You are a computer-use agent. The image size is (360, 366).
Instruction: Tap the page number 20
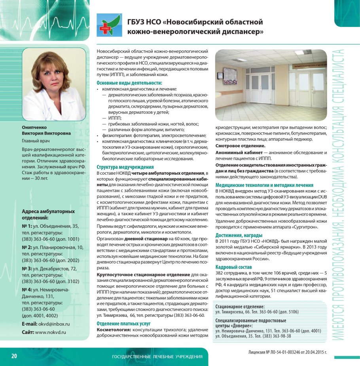click(x=14, y=356)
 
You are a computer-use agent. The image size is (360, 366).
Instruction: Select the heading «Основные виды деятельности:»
click(x=129, y=83)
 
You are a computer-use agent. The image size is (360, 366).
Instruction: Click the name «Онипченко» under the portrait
click(x=34, y=127)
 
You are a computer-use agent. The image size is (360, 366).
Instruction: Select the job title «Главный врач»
click(x=36, y=141)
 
